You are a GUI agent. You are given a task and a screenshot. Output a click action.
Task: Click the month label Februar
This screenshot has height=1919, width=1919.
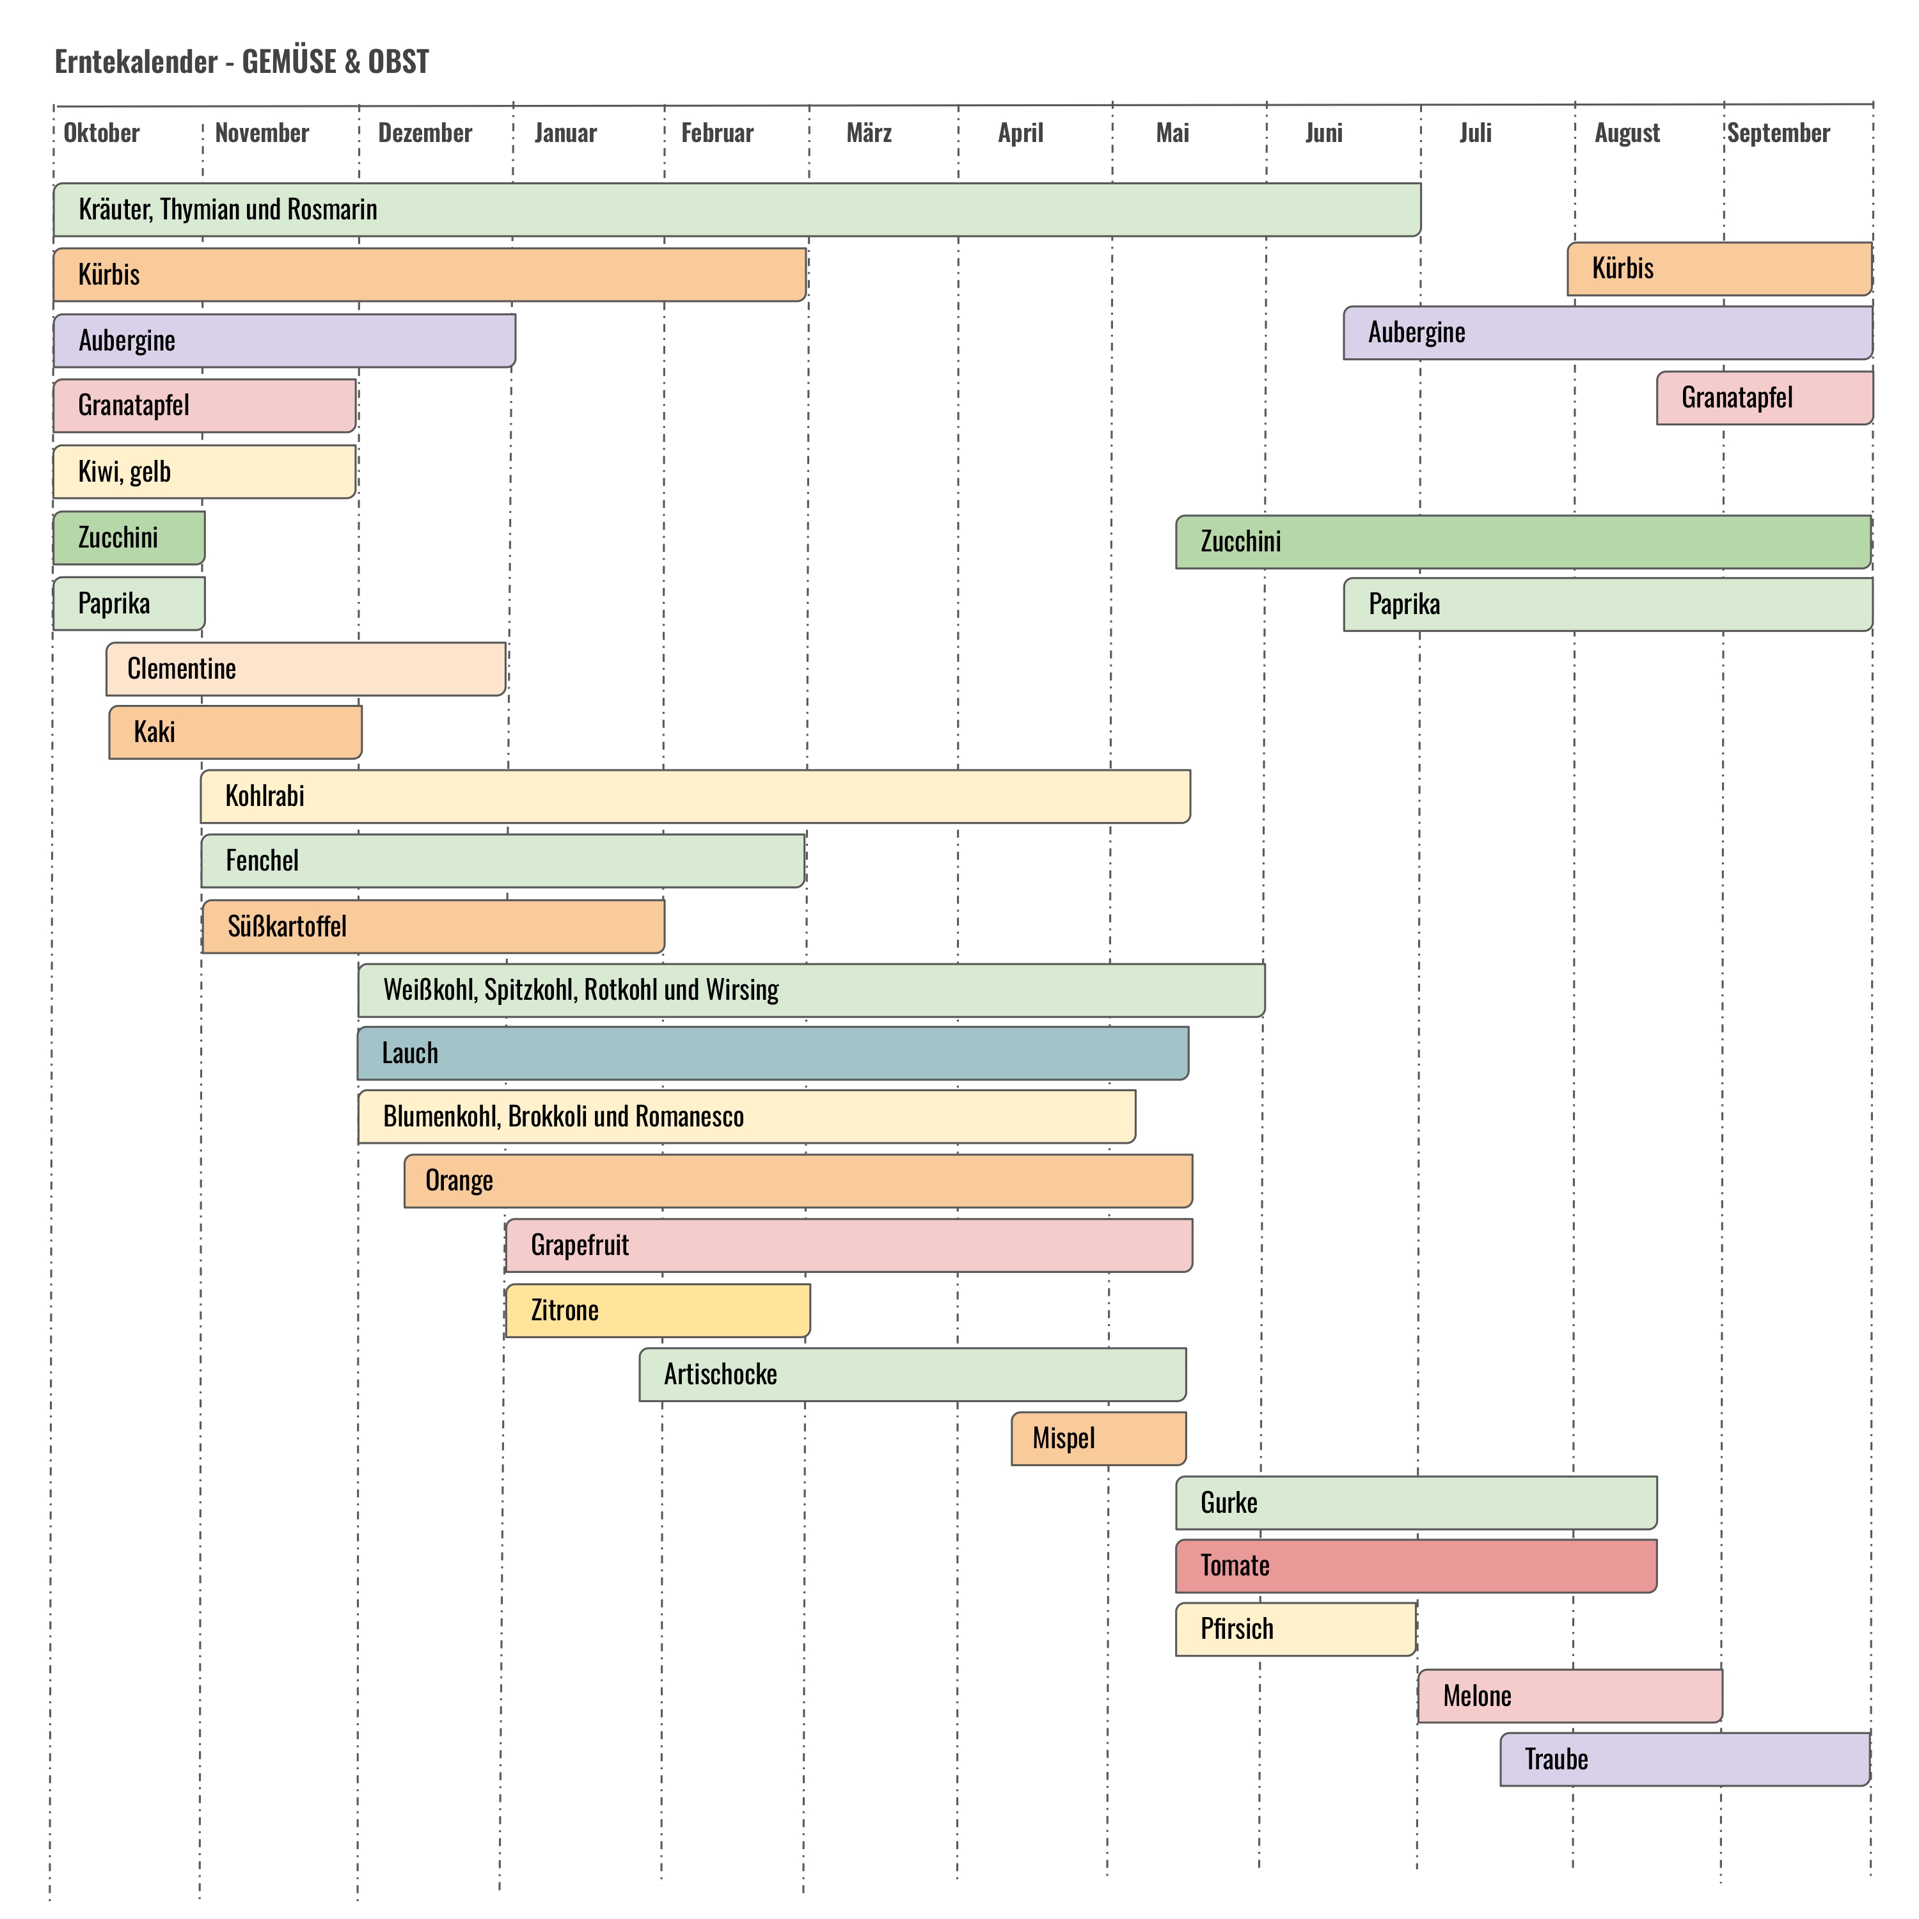coord(716,133)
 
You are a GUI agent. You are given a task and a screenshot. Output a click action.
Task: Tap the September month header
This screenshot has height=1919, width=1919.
coord(1778,133)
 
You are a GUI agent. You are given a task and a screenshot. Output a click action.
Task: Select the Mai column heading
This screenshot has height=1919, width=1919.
coord(1172,133)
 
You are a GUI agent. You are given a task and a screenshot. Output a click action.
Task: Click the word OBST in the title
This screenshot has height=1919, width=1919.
coord(399,61)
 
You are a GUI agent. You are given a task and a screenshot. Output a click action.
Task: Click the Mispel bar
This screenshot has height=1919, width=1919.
coord(1098,1438)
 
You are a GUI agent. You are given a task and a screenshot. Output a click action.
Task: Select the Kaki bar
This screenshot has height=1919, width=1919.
coord(235,732)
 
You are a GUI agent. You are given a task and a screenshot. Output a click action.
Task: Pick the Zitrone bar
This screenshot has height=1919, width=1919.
coord(658,1310)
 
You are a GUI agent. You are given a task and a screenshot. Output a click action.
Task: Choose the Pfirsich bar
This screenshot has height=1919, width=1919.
coord(1295,1629)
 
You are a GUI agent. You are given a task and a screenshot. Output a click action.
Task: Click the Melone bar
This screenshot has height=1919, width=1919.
coord(1569,1696)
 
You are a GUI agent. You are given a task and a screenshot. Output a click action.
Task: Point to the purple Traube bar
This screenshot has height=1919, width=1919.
coord(1685,1759)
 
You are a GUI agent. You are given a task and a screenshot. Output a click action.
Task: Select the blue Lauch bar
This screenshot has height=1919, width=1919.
coord(773,1053)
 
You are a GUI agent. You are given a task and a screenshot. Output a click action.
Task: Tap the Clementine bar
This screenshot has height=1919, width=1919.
coord(306,668)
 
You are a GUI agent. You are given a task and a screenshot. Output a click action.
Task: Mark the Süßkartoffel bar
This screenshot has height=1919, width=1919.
coord(433,927)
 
